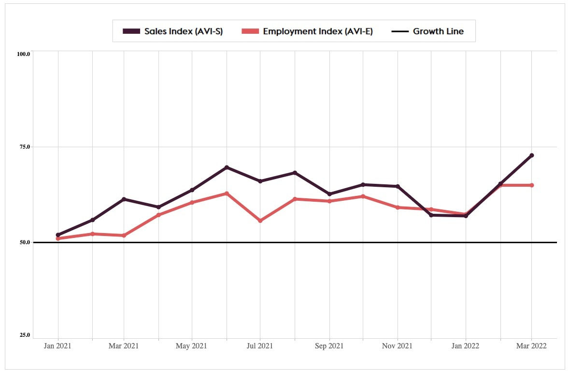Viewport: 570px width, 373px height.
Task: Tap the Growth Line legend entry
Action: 427,31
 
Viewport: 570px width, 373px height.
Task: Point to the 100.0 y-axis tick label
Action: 24,54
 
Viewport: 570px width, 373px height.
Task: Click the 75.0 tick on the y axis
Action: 24,147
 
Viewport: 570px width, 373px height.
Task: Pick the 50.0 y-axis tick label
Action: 24,242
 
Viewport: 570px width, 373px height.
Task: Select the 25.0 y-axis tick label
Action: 24,335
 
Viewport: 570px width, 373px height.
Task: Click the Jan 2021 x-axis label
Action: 58,346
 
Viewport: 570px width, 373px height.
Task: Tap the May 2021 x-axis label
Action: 192,346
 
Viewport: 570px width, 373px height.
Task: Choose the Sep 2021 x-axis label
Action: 329,346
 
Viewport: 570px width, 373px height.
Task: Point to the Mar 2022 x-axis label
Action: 531,346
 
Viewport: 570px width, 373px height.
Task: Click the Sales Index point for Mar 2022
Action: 532,155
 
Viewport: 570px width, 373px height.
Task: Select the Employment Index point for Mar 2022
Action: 532,185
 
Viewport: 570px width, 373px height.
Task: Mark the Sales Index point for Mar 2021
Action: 124,199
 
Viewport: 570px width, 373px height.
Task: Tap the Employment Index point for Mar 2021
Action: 124,235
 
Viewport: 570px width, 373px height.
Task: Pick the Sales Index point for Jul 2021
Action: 260,181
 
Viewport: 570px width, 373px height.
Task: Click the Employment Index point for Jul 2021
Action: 260,221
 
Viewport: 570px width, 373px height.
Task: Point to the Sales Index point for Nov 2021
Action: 398,186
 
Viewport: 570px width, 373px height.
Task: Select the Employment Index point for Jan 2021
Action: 58,239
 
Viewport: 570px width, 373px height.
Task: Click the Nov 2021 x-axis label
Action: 398,346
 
